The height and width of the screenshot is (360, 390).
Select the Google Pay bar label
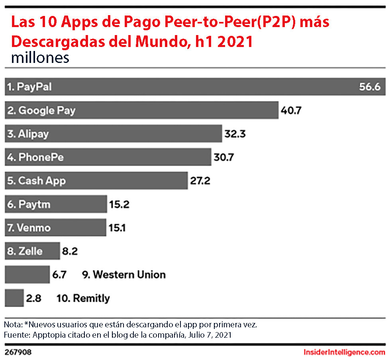pos(41,110)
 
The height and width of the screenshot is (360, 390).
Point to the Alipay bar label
pos(28,134)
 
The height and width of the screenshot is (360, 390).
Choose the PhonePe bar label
pos(35,157)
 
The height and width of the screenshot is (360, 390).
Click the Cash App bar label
pos(36,181)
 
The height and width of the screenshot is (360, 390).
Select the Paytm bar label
pos(29,205)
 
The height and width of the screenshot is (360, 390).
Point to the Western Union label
pos(123,275)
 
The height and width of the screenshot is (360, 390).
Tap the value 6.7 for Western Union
pos(62,275)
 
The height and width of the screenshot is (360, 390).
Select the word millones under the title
pos(40,58)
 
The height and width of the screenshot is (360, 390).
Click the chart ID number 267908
pos(18,353)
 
